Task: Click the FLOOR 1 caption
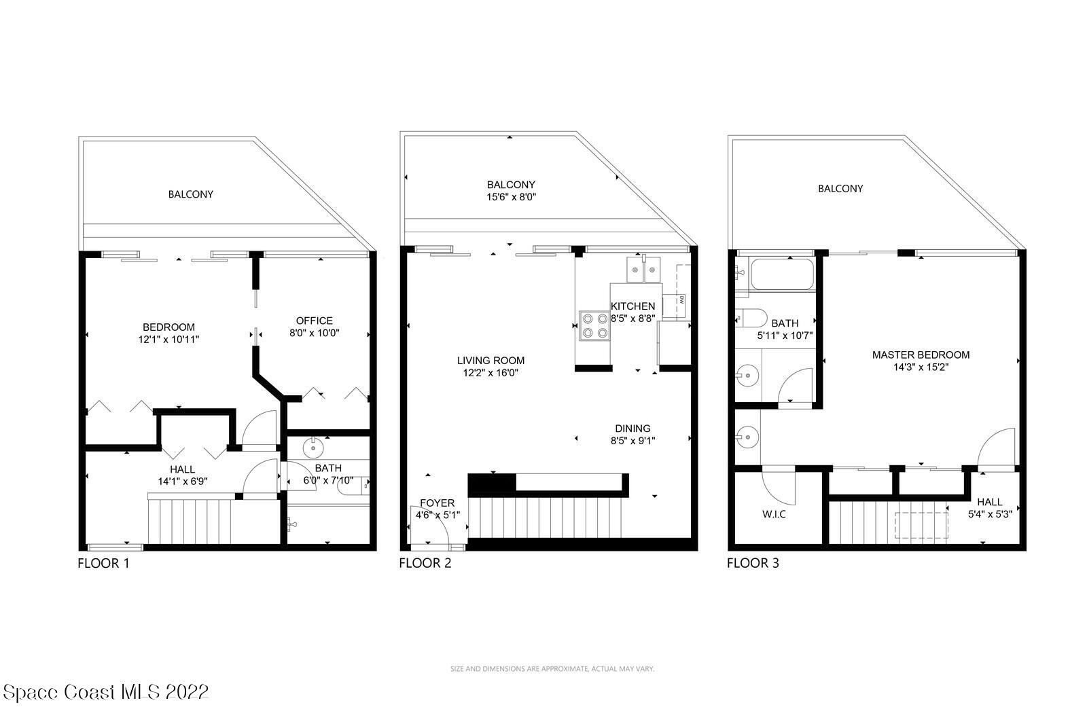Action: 103,563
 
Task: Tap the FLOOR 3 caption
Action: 753,563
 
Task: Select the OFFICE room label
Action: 314,321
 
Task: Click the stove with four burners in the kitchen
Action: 594,325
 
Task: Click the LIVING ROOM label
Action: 491,361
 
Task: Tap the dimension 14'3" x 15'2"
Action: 921,367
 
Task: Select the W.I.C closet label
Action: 774,514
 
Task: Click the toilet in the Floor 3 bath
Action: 751,318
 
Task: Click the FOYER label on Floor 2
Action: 437,503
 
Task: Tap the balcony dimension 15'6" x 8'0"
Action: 511,197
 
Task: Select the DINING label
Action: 632,429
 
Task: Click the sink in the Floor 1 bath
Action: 313,447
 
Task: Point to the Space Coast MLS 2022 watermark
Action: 105,692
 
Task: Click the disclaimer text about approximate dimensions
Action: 552,669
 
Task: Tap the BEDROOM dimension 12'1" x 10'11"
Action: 168,339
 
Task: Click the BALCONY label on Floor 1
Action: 191,194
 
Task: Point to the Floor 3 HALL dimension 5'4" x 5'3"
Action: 990,514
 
